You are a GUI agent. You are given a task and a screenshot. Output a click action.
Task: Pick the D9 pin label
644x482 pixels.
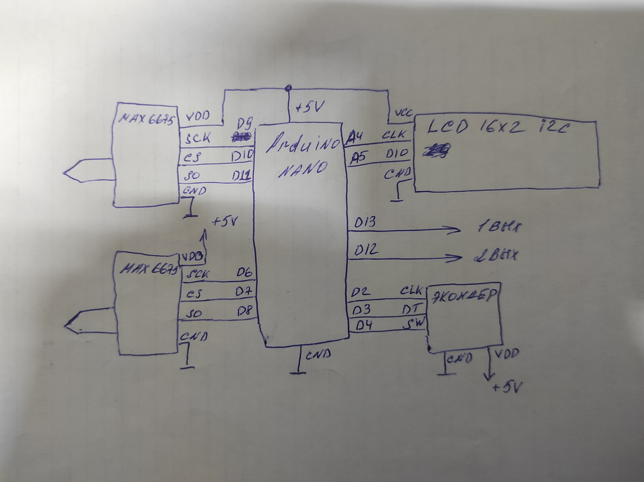pyautogui.click(x=245, y=124)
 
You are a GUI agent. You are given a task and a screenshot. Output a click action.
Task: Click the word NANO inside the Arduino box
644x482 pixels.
pyautogui.click(x=303, y=169)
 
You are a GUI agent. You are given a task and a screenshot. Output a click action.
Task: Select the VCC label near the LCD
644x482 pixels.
pyautogui.click(x=403, y=113)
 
